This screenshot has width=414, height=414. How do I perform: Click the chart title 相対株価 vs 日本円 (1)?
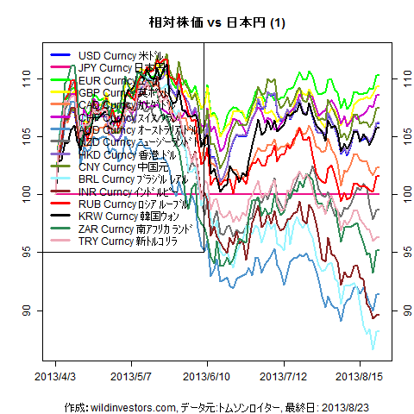point(207,22)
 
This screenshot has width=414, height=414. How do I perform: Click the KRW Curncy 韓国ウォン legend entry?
point(121,215)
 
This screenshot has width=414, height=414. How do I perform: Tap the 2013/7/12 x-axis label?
point(284,377)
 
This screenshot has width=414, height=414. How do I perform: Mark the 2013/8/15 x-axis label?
point(359,377)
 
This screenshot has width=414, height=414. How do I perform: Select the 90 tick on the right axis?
point(398,310)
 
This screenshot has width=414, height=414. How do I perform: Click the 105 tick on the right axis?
point(398,136)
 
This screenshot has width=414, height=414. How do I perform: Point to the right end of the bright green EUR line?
point(379,75)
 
